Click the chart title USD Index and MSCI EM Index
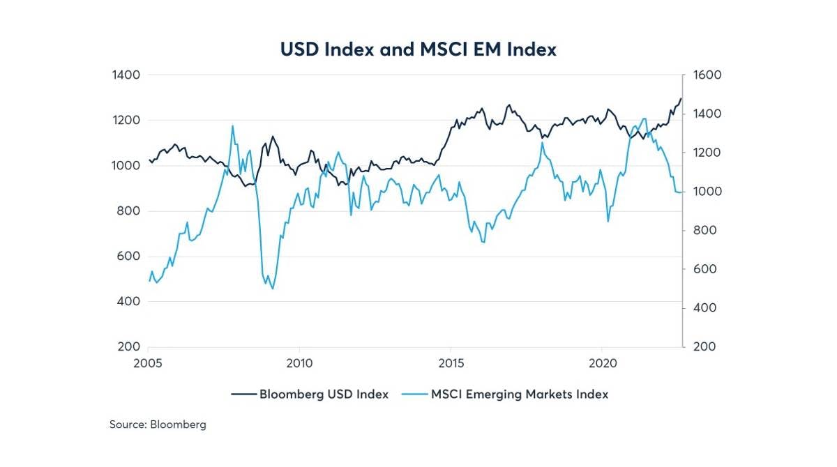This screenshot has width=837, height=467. pos(418,49)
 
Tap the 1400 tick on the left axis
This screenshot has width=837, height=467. pos(126,75)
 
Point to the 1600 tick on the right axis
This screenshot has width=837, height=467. pos(706,75)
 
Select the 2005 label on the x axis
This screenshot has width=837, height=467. pos(148,363)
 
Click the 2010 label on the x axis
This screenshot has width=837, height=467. pos(299,363)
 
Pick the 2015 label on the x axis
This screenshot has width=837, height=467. pos(450,363)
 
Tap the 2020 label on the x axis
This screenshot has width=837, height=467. pos(601,363)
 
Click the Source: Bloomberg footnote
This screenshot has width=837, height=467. pos(158,424)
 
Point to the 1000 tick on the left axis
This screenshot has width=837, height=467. pos(126,166)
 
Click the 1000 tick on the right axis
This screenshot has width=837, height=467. pos(706,192)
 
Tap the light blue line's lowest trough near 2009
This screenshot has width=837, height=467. pos(272,289)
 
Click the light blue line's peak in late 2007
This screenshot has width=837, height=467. pos(232,126)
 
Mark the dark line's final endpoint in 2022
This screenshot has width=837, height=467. pos(681,98)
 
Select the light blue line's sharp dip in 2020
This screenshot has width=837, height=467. pos(608,222)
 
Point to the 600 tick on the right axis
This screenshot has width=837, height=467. pos(703,269)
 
